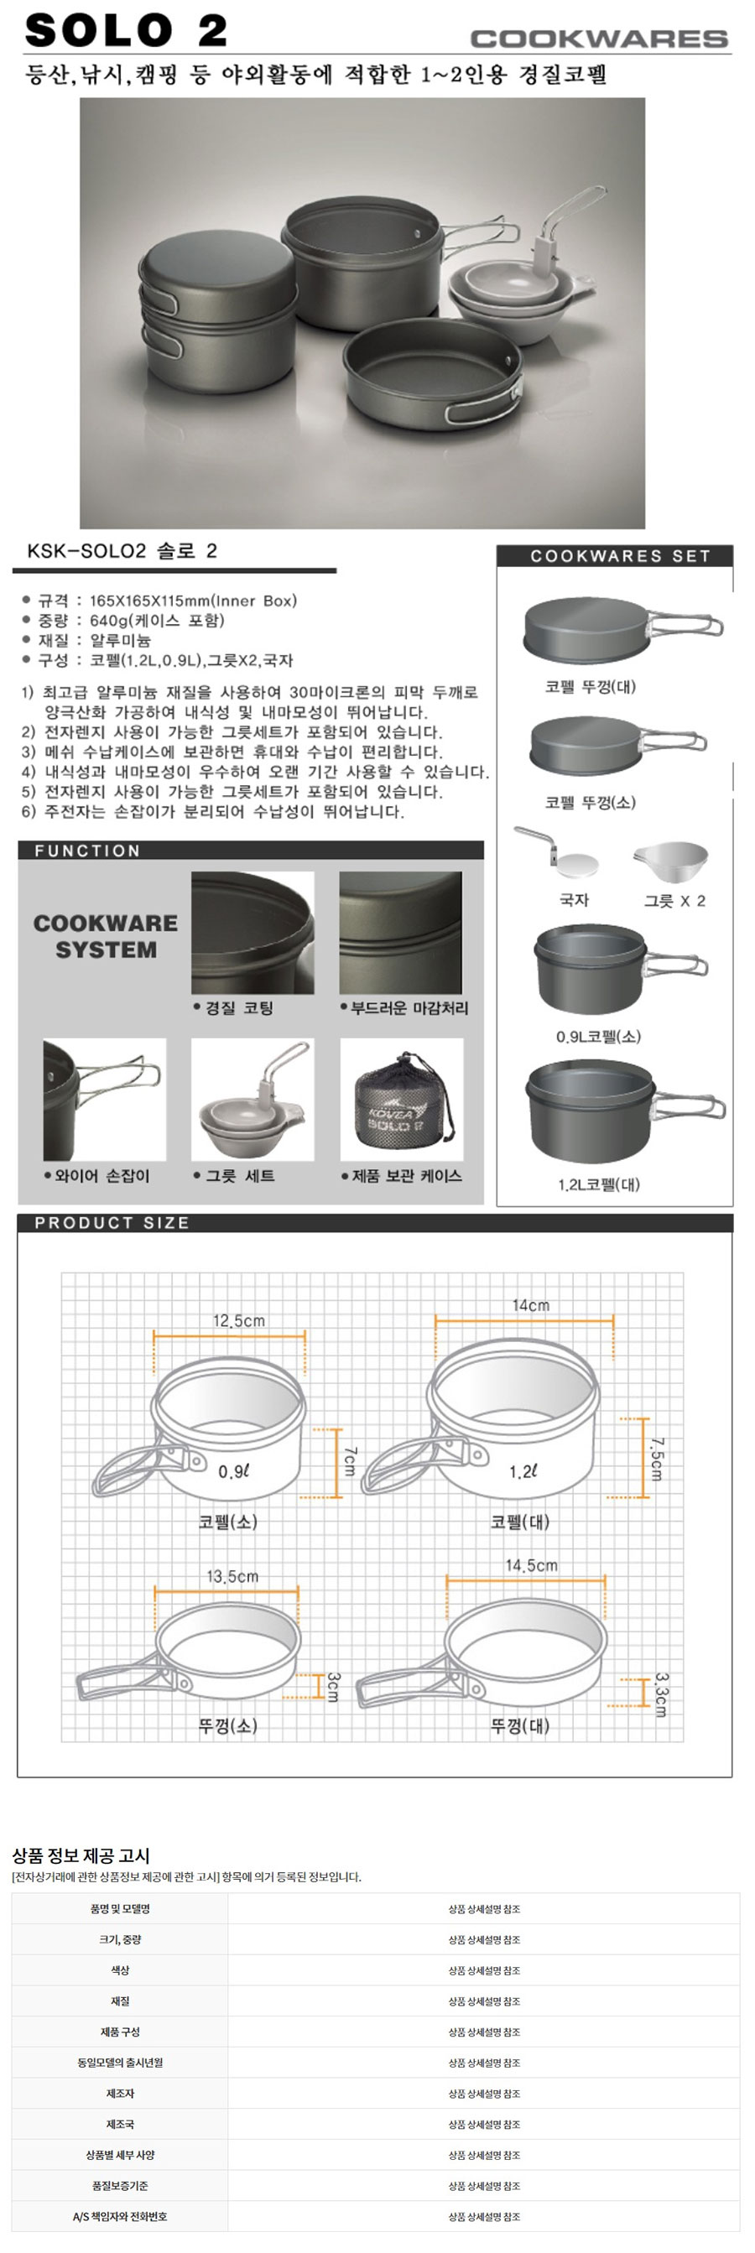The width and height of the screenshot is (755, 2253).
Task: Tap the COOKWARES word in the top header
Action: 599,39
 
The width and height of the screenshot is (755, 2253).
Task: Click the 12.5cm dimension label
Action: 239,1320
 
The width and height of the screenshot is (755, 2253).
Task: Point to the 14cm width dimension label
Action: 530,1305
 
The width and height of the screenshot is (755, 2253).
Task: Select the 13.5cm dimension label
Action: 232,1576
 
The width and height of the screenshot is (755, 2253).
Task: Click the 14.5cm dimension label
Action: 531,1564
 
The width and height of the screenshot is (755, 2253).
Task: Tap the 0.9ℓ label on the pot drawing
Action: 233,1471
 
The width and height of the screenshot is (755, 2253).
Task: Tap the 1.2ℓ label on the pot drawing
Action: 523,1471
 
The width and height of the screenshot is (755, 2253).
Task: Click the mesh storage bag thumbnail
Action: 402,1100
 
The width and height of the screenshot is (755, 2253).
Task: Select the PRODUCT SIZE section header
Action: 112,1223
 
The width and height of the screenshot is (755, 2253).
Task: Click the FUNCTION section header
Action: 87,851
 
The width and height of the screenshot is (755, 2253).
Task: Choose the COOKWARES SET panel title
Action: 620,555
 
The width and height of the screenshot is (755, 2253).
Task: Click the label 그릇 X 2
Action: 674,900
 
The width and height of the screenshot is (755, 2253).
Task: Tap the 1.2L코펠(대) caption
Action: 598,1184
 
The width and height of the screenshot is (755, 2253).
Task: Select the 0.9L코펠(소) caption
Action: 598,1037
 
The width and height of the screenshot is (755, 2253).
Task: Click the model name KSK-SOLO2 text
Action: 86,551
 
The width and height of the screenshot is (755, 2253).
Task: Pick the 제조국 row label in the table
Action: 120,2124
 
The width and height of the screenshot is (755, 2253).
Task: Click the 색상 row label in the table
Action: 120,1969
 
